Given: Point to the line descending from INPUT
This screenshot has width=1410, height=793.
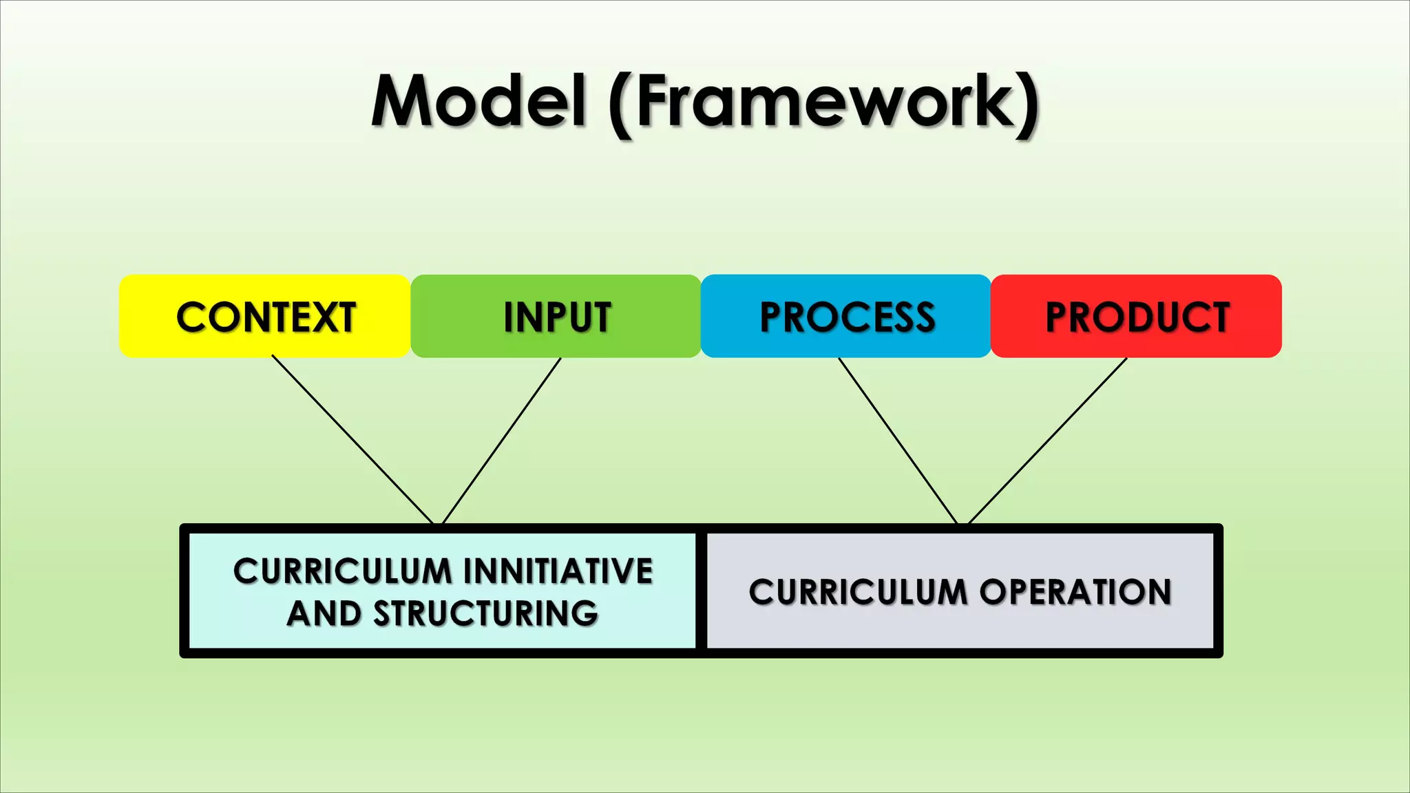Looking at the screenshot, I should pyautogui.click(x=501, y=441).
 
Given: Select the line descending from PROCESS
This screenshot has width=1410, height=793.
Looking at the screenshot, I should pyautogui.click(x=898, y=441).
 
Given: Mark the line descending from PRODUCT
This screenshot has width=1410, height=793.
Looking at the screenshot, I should pyautogui.click(x=1047, y=441).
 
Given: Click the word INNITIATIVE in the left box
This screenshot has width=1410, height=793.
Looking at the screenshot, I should pyautogui.click(x=558, y=571).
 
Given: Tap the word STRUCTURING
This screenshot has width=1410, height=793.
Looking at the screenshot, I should pyautogui.click(x=485, y=614).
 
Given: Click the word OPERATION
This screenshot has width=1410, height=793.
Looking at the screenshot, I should pyautogui.click(x=1075, y=592).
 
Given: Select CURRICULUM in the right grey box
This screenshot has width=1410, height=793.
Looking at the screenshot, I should pyautogui.click(x=858, y=592).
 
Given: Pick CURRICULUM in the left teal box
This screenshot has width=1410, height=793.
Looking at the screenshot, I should pyautogui.click(x=342, y=571).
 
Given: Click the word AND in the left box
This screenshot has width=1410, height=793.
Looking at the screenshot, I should pyautogui.click(x=324, y=614).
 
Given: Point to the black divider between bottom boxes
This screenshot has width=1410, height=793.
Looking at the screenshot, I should pyautogui.click(x=701, y=591).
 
